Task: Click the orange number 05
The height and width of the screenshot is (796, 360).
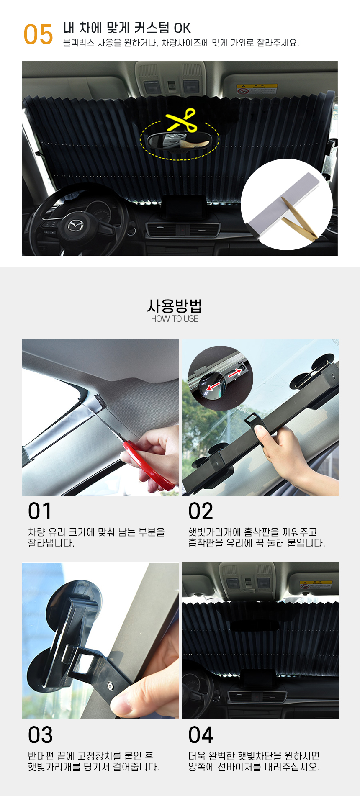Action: click(38, 34)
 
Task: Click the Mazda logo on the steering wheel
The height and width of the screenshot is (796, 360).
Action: click(76, 225)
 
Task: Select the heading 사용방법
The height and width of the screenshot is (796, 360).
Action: click(175, 306)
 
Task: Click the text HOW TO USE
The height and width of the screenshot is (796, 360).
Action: click(175, 319)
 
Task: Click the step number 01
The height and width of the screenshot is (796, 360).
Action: click(40, 511)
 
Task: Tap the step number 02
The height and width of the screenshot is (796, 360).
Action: click(201, 511)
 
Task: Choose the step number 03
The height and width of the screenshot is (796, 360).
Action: click(40, 735)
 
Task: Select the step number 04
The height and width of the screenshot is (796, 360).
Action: click(201, 735)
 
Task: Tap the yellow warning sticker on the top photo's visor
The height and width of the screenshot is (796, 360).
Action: click(257, 89)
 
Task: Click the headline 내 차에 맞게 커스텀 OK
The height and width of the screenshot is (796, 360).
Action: click(127, 28)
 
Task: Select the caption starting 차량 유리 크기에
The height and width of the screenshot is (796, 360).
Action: click(96, 537)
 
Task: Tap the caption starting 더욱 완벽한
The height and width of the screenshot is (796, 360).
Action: click(254, 761)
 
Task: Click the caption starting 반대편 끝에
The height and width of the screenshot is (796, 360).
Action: click(93, 761)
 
